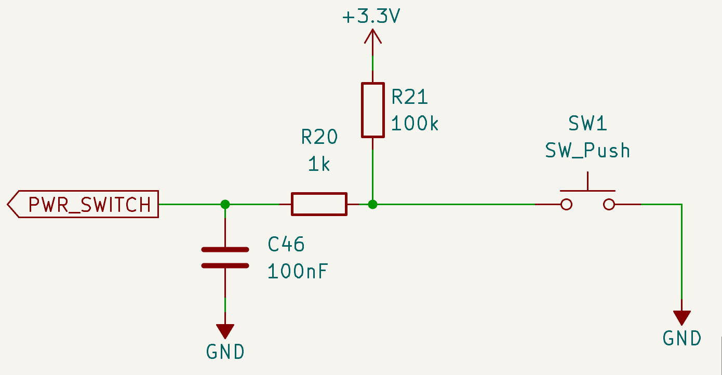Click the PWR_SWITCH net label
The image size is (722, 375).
[x=83, y=205]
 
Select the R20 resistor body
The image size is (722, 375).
[x=318, y=204]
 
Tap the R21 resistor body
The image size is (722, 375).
[x=372, y=110]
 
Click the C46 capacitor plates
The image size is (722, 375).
[x=225, y=258]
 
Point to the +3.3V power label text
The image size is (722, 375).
[x=371, y=17]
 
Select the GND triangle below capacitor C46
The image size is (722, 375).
[x=225, y=331]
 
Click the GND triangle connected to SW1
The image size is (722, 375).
[x=681, y=317]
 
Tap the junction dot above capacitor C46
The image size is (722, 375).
[x=225, y=204]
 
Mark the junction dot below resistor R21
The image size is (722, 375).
[x=372, y=204]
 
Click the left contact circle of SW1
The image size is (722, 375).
[x=567, y=204]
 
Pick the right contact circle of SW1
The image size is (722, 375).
[x=609, y=204]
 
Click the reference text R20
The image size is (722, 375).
[x=319, y=137]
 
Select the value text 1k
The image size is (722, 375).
[x=319, y=165]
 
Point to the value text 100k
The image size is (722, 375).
[x=415, y=124]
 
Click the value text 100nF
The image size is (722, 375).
[x=298, y=271]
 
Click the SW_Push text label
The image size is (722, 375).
[x=587, y=151]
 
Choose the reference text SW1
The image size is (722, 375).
[x=587, y=124]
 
